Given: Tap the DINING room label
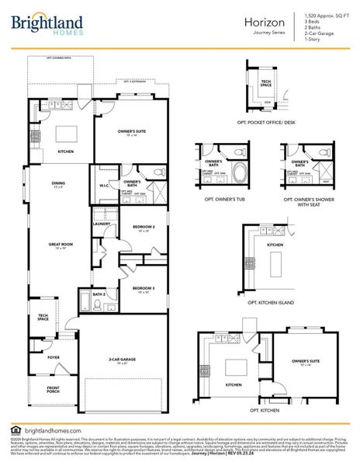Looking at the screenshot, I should (58, 183).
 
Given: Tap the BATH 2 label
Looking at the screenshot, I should (99, 294).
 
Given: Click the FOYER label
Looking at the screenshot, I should (54, 358).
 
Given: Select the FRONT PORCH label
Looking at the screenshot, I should (53, 389).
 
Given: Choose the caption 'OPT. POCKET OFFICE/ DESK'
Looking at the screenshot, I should (265, 123).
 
